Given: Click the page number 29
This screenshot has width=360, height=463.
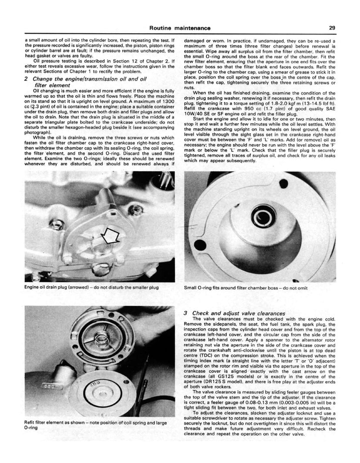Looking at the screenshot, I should point(332,28).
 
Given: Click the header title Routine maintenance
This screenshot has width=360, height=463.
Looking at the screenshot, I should point(180,28).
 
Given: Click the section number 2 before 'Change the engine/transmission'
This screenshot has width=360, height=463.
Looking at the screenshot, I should point(27,79).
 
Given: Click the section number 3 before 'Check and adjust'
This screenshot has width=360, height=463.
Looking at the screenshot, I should point(185,313).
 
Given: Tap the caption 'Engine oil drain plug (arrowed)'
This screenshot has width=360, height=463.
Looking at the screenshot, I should point(92,287).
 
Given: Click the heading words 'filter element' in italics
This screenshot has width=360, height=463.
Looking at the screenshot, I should point(52,85).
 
